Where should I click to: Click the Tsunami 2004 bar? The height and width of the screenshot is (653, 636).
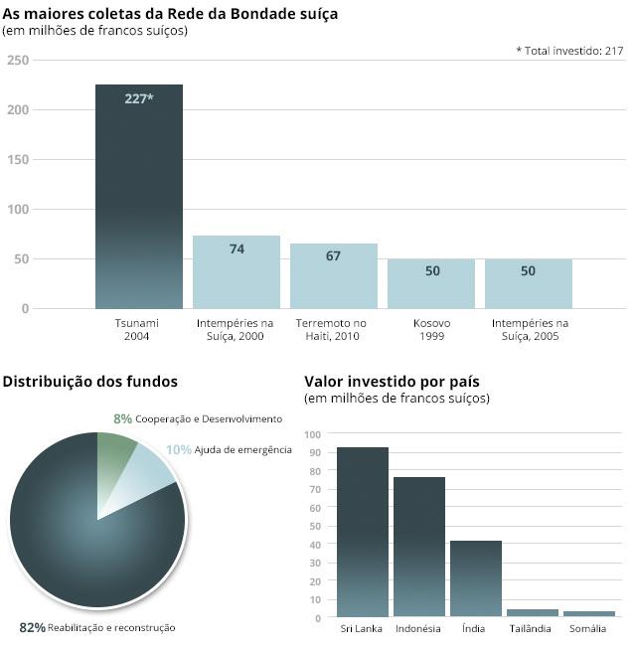pyautogui.click(x=139, y=199)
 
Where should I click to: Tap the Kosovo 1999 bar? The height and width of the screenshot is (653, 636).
pyautogui.click(x=431, y=284)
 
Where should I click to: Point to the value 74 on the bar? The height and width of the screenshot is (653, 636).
pyautogui.click(x=237, y=249)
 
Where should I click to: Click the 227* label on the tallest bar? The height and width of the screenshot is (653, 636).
pyautogui.click(x=139, y=98)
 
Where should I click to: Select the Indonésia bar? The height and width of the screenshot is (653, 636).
pyautogui.click(x=418, y=548)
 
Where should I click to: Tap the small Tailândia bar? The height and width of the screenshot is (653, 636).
pyautogui.click(x=533, y=613)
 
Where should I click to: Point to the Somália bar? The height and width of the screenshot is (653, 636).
pyautogui.click(x=589, y=614)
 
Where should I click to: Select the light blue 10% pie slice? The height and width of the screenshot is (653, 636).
pyautogui.click(x=145, y=477)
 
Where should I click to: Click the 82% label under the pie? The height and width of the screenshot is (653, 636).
pyautogui.click(x=32, y=628)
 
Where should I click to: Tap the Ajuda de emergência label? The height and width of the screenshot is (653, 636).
pyautogui.click(x=242, y=450)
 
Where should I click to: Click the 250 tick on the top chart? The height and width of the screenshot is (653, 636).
pyautogui.click(x=18, y=61)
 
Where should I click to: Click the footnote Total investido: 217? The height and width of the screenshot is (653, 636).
pyautogui.click(x=569, y=51)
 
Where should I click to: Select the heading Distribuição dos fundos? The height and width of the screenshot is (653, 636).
pyautogui.click(x=90, y=382)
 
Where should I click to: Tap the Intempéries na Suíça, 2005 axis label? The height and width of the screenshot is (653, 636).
pyautogui.click(x=529, y=330)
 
